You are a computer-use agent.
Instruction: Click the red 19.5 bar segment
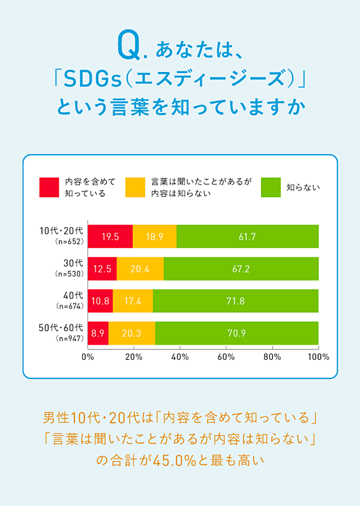pyautogui.click(x=110, y=236)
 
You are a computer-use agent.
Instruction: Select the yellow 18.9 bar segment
pyautogui.click(x=155, y=236)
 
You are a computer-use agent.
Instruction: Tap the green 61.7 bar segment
pyautogui.click(x=247, y=236)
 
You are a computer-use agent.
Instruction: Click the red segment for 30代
pyautogui.click(x=102, y=269)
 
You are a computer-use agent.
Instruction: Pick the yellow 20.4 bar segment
pyautogui.click(x=140, y=269)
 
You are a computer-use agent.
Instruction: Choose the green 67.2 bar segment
pyautogui.click(x=241, y=269)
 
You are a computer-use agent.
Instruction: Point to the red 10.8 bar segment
pyautogui.click(x=100, y=301)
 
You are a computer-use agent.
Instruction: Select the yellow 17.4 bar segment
pyautogui.click(x=133, y=301)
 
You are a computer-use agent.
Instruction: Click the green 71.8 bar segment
pyautogui.click(x=236, y=301)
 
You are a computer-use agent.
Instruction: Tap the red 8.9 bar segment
pyautogui.click(x=98, y=333)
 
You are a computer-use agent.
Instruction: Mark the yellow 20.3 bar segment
pyautogui.click(x=132, y=333)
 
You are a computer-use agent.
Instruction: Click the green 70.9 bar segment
pyautogui.click(x=237, y=333)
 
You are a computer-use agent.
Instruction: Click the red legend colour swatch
pyautogui.click(x=49, y=187)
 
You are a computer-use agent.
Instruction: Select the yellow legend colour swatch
pyautogui.click(x=135, y=187)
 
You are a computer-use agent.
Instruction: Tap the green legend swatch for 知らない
pyautogui.click(x=272, y=187)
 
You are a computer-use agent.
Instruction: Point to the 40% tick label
pyautogui.click(x=180, y=357)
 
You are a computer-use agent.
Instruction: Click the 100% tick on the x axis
pyautogui.click(x=318, y=357)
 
